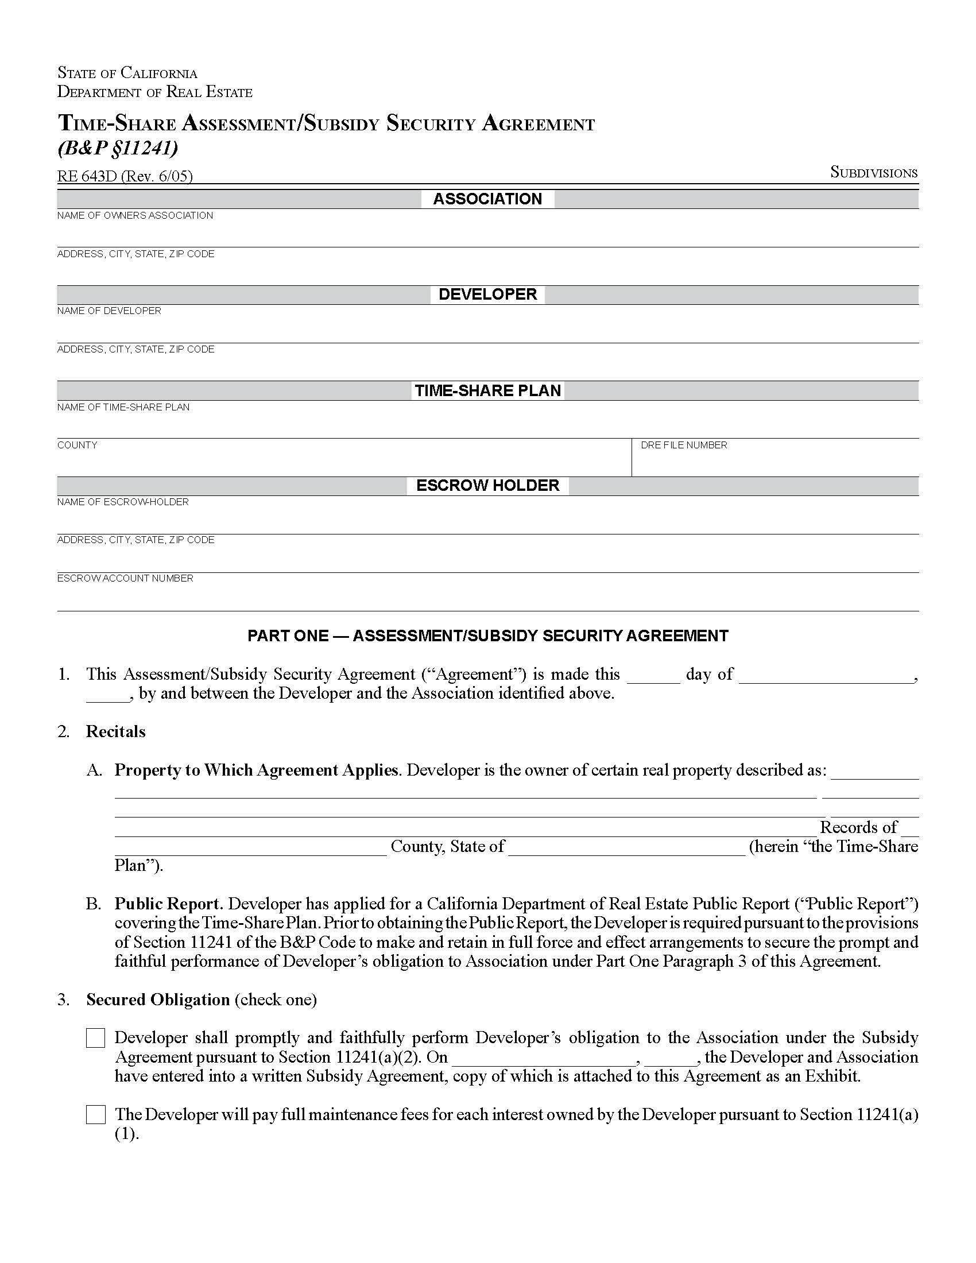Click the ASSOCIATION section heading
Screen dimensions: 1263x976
coord(487,199)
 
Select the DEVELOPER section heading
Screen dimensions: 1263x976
coord(487,295)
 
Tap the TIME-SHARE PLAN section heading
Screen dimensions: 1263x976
coord(487,390)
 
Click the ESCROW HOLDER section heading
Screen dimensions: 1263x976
coord(487,485)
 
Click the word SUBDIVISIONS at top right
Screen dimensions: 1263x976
coord(873,173)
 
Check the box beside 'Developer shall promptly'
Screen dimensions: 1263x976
coord(96,1038)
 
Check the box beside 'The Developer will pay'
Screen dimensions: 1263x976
coord(96,1114)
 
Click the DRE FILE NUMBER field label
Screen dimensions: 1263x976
coord(683,445)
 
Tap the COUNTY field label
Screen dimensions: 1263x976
coord(77,445)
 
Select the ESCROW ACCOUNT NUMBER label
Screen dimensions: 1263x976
coord(125,578)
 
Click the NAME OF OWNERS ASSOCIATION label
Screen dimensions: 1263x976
coord(135,215)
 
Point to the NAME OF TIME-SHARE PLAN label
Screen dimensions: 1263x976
coord(123,407)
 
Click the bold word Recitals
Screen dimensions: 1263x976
coord(115,731)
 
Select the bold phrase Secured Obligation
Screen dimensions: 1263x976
coord(158,1000)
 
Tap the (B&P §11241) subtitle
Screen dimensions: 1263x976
coord(117,149)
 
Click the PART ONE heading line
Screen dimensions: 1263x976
coord(487,636)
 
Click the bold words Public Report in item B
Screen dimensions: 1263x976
coord(168,904)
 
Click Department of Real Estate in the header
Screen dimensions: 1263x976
coord(154,92)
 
